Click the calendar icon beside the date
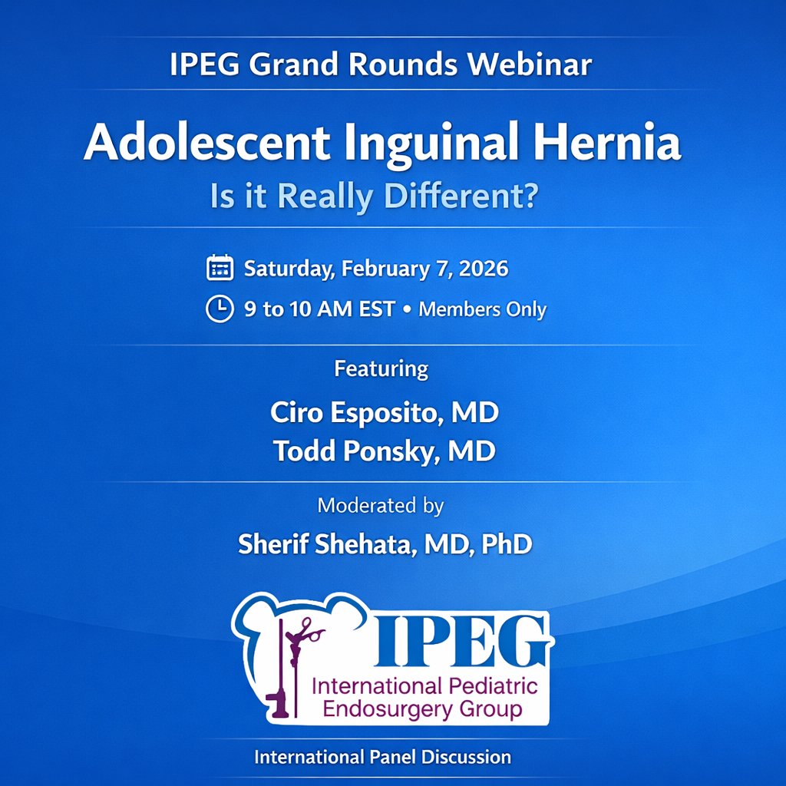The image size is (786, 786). coord(220,269)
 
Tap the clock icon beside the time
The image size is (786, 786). coord(220,309)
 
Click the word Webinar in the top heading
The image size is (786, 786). coord(530,64)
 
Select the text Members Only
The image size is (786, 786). coord(482,310)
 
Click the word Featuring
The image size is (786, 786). coord(381,369)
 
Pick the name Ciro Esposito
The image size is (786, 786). coord(356,413)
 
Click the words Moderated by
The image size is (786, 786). coord(381,506)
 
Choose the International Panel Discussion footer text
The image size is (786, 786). coord(382,758)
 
